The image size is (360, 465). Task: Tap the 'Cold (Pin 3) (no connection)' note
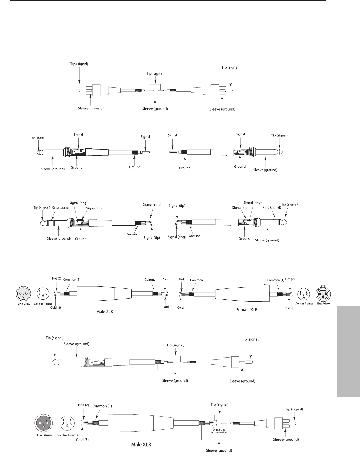pos(218,431)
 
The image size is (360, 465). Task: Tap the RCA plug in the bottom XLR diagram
pos(281,423)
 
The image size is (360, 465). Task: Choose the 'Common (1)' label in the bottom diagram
pos(102,406)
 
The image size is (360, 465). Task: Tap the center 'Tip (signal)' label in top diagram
pos(155,73)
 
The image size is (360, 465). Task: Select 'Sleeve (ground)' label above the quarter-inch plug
pos(76,344)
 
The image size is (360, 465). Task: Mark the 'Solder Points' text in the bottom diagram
pos(67,435)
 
